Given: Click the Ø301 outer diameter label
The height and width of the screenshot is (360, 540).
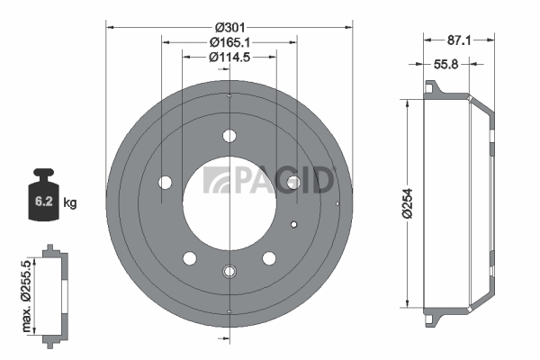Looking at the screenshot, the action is (x=229, y=27).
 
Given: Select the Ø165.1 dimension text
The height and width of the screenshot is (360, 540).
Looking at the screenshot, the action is (x=229, y=42).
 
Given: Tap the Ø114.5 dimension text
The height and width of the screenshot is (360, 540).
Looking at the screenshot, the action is (x=229, y=58).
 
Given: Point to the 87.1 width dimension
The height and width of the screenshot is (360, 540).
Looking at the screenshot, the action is (x=459, y=40).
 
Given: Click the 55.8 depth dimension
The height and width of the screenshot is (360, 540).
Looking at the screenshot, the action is (x=445, y=64).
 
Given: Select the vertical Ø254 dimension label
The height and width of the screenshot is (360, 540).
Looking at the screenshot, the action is (x=407, y=203).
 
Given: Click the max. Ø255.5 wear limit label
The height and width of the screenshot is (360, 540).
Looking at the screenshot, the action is (x=26, y=296).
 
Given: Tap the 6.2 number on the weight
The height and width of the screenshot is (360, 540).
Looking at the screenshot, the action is (x=44, y=202).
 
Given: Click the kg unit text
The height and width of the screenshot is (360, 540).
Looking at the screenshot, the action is (x=70, y=202).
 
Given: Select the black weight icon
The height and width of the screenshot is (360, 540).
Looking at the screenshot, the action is (x=43, y=194).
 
